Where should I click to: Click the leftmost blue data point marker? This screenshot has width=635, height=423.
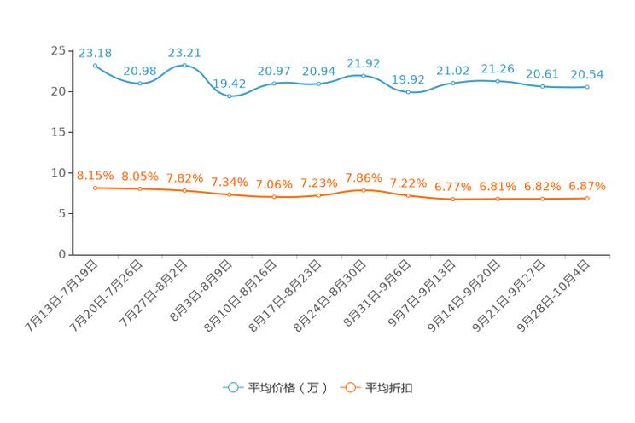click(95, 65)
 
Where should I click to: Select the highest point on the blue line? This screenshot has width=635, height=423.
click(184, 65)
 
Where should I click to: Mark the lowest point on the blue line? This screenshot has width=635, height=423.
click(229, 96)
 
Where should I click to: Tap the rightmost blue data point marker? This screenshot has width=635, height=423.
click(587, 86)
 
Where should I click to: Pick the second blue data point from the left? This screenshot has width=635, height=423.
click(139, 84)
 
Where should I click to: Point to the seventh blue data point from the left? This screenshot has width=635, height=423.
click(364, 75)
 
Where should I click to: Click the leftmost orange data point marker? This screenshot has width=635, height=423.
click(95, 188)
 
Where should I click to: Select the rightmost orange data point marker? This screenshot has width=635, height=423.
click(587, 198)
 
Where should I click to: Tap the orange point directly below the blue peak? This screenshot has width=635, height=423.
click(184, 191)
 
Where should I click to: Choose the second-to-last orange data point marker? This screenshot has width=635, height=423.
click(542, 199)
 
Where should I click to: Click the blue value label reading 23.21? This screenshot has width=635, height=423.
click(184, 53)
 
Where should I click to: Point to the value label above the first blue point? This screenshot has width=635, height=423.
click(95, 53)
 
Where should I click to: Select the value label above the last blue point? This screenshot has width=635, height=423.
click(587, 74)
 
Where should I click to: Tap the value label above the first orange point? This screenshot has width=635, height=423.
click(95, 176)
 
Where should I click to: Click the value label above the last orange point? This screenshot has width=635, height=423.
click(587, 185)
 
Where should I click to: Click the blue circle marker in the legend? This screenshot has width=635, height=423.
click(232, 387)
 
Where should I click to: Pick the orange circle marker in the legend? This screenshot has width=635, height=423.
click(348, 387)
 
